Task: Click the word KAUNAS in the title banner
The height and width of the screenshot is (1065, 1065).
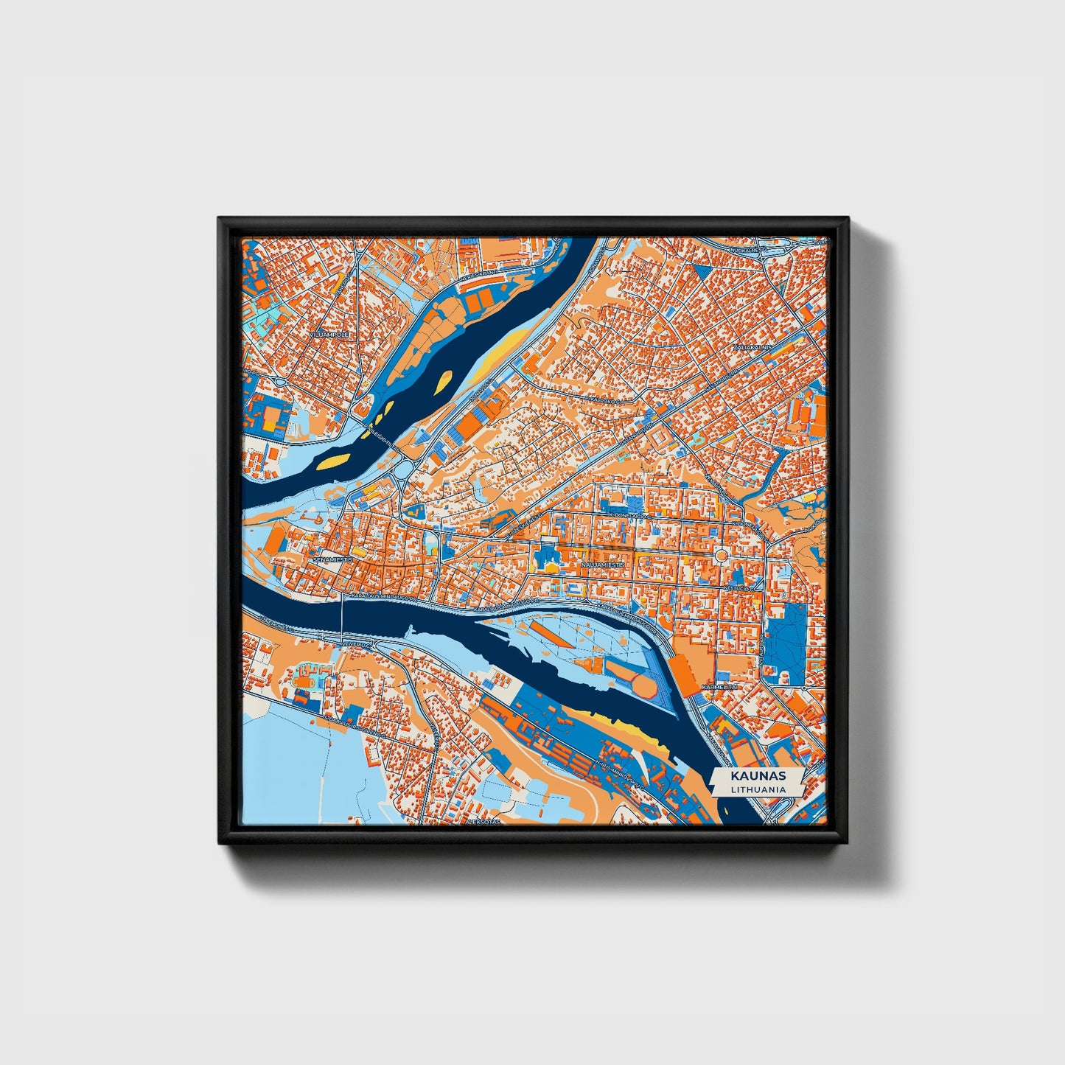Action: (x=758, y=776)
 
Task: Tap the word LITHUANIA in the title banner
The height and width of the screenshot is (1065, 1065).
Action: (x=758, y=789)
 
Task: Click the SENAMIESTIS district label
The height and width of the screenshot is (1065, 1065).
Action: (x=333, y=559)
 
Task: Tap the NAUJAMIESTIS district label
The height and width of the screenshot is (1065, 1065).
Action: (x=603, y=564)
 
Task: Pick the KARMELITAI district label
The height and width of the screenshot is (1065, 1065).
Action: (x=719, y=686)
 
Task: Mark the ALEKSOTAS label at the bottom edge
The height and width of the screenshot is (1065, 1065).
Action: (x=483, y=820)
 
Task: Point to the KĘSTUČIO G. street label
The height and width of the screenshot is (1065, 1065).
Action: (x=738, y=589)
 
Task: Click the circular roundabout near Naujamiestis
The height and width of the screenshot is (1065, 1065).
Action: (x=721, y=554)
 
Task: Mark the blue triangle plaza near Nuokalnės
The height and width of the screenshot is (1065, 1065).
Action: (x=702, y=271)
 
